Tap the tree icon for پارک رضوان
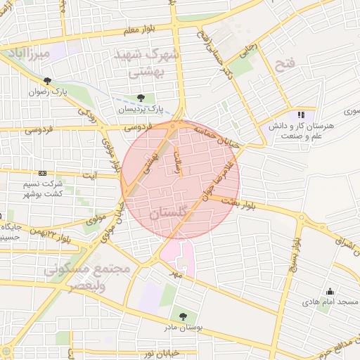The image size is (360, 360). click(47, 81)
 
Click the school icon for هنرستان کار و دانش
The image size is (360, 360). click(302, 115)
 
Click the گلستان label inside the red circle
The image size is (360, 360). click(170, 212)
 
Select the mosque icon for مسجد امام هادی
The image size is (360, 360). click(330, 291)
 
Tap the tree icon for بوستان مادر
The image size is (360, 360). click(183, 316)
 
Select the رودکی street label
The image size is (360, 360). click(87, 112)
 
